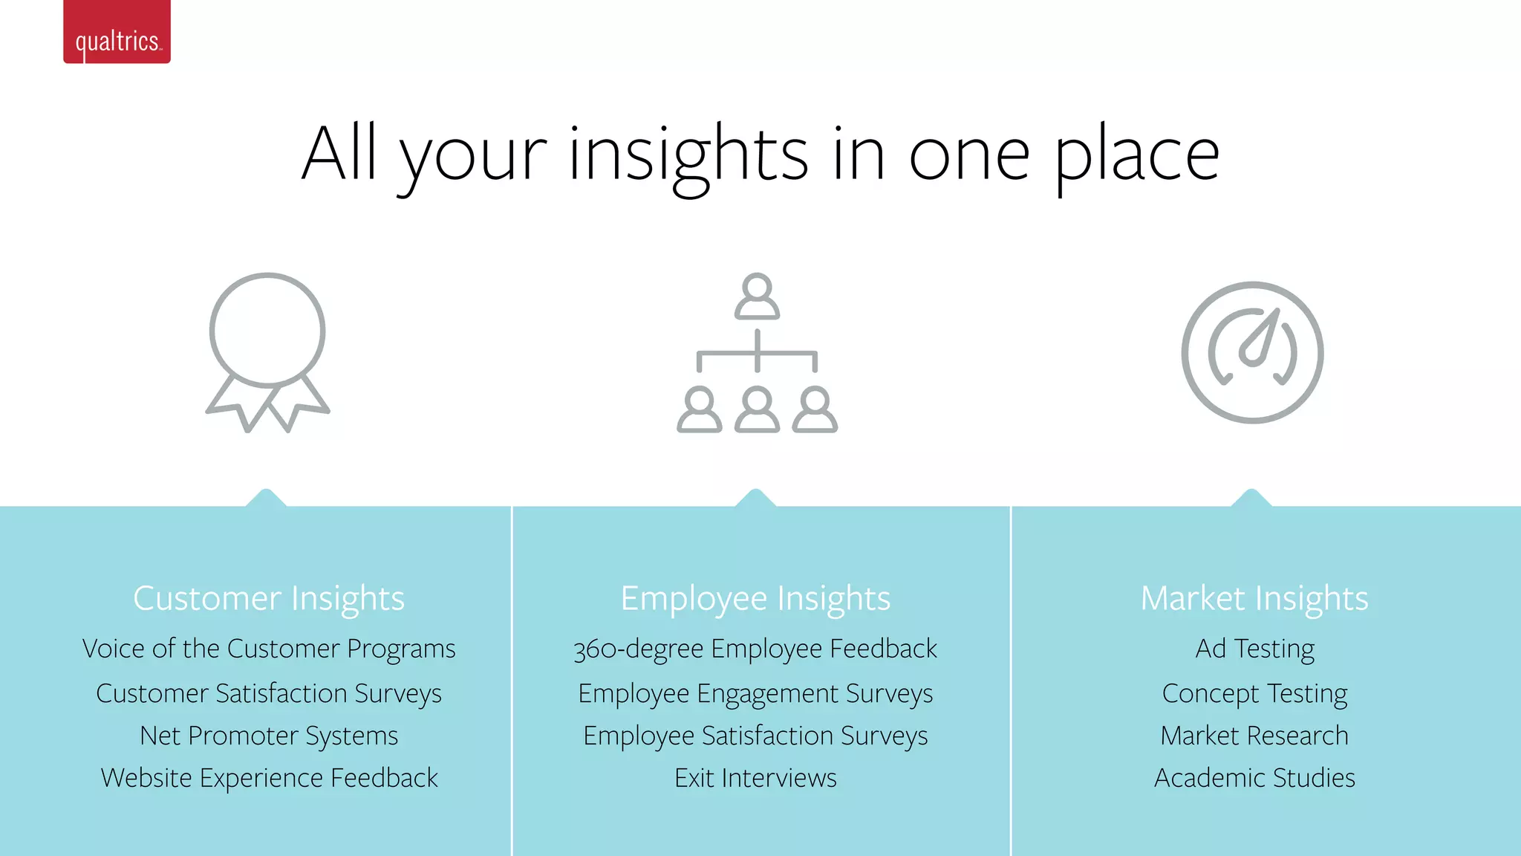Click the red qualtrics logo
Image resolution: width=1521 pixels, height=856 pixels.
tap(117, 32)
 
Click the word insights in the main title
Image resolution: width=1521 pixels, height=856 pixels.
tap(688, 155)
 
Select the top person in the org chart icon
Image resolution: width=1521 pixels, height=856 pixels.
tap(757, 296)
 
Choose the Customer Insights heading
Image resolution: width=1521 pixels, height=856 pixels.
tap(269, 598)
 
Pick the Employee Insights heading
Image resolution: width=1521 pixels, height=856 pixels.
tap(755, 598)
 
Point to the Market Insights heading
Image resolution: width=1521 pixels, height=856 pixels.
tap(1254, 598)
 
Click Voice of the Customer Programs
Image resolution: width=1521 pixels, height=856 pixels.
tap(269, 649)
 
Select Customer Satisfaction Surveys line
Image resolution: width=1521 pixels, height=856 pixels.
tap(269, 693)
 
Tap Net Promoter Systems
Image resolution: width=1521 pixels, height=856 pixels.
tap(269, 736)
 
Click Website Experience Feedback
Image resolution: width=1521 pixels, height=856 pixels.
tap(269, 778)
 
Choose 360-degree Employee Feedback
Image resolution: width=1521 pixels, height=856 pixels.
tap(755, 649)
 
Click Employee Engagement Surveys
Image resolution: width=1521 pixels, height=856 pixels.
tap(755, 693)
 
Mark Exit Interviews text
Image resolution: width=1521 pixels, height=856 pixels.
tap(755, 778)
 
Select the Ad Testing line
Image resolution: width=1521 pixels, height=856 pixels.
tap(1254, 649)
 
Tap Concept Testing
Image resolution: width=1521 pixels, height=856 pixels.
tap(1254, 693)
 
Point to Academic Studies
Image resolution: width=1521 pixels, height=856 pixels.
tap(1254, 778)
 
